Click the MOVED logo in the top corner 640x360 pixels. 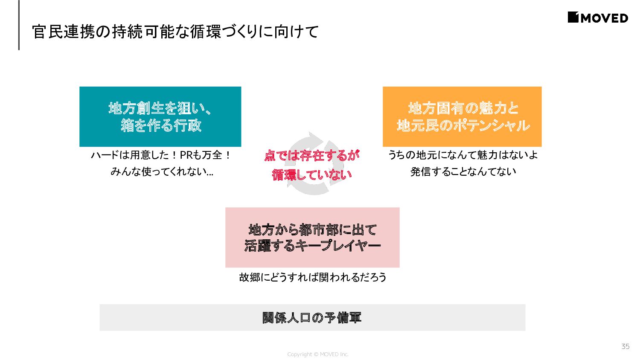tap(598, 17)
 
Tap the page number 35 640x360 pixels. tap(625, 346)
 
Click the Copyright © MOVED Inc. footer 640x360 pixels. tap(318, 354)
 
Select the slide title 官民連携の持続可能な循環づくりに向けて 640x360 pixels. tap(175, 32)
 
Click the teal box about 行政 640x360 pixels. tap(160, 116)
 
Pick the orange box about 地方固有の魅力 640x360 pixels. tap(462, 116)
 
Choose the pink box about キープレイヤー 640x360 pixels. tap(312, 238)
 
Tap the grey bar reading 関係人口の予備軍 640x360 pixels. tap(312, 317)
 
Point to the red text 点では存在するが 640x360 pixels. tap(311, 155)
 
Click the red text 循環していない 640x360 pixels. tap(311, 174)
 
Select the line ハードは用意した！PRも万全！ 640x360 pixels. tap(161, 155)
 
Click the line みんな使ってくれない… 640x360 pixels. tap(162, 171)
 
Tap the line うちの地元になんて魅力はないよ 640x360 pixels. tap(463, 155)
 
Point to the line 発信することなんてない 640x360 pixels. tap(463, 171)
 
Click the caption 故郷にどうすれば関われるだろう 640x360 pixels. tap(312, 277)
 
